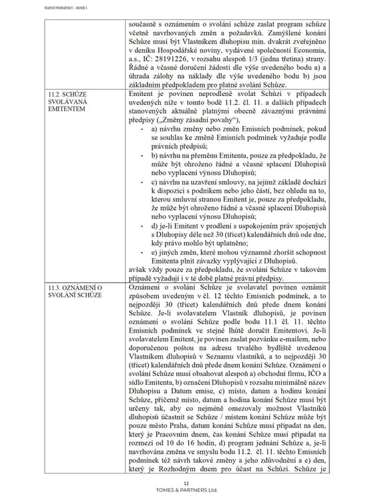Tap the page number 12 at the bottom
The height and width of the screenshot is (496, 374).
[x=186, y=482]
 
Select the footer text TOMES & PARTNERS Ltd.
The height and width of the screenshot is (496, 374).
[x=186, y=489]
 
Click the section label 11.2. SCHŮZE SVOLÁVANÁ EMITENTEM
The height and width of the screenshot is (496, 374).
[x=67, y=102]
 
